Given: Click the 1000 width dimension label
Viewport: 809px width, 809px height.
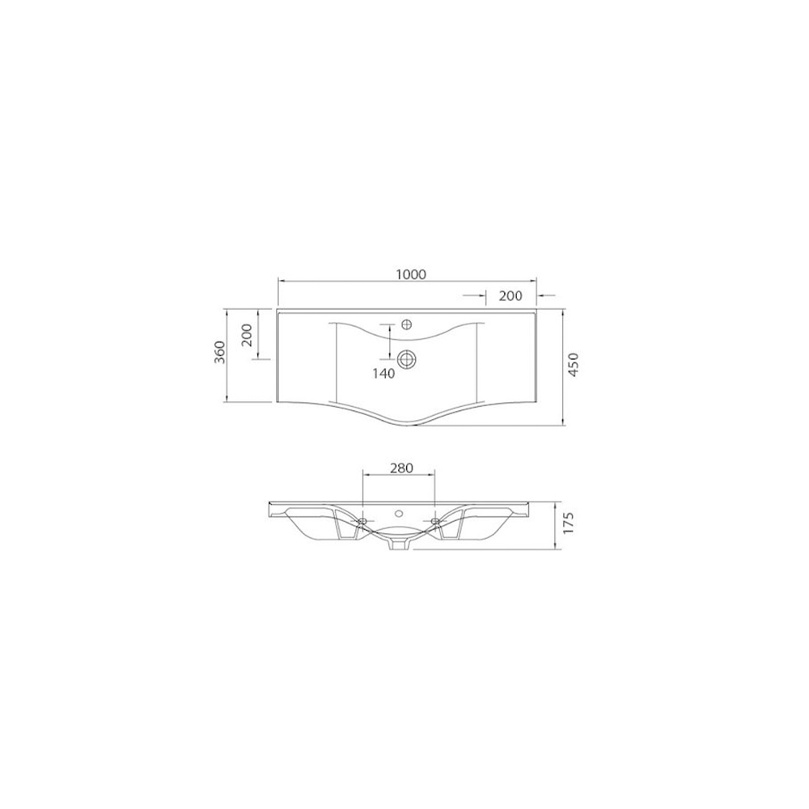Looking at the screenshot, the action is coord(411,274).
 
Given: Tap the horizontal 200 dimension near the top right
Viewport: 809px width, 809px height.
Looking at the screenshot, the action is coord(510,295).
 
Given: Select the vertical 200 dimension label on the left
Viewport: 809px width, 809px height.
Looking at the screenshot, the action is coord(246,335).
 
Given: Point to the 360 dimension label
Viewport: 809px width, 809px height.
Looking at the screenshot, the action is coord(220,352).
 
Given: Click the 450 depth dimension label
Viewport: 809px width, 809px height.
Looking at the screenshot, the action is coord(574,365).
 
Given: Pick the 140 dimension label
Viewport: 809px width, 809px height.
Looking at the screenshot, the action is coord(383,373).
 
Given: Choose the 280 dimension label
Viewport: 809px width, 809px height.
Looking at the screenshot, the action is coord(401,468).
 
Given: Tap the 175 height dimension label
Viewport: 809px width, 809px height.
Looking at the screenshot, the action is coord(568,524).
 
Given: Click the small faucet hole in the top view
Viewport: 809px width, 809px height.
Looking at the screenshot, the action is coord(407,324).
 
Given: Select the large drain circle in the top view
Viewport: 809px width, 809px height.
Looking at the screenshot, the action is coord(407,358).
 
